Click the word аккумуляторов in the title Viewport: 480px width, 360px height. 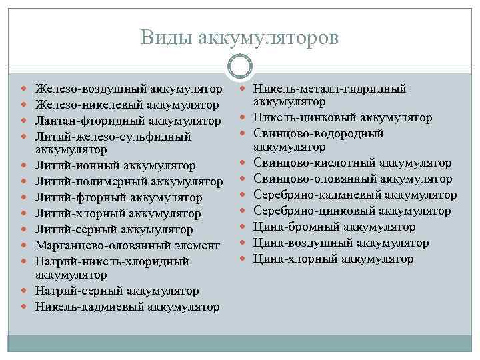point(268,38)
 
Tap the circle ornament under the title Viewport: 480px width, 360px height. point(240,67)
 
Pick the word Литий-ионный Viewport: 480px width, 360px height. point(75,165)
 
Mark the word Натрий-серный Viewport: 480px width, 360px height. point(75,291)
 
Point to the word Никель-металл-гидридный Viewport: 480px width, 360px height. point(331,89)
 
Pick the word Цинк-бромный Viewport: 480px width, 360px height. point(290,227)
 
